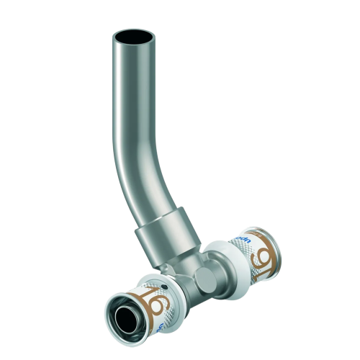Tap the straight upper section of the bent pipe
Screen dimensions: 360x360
coord(136,94)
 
